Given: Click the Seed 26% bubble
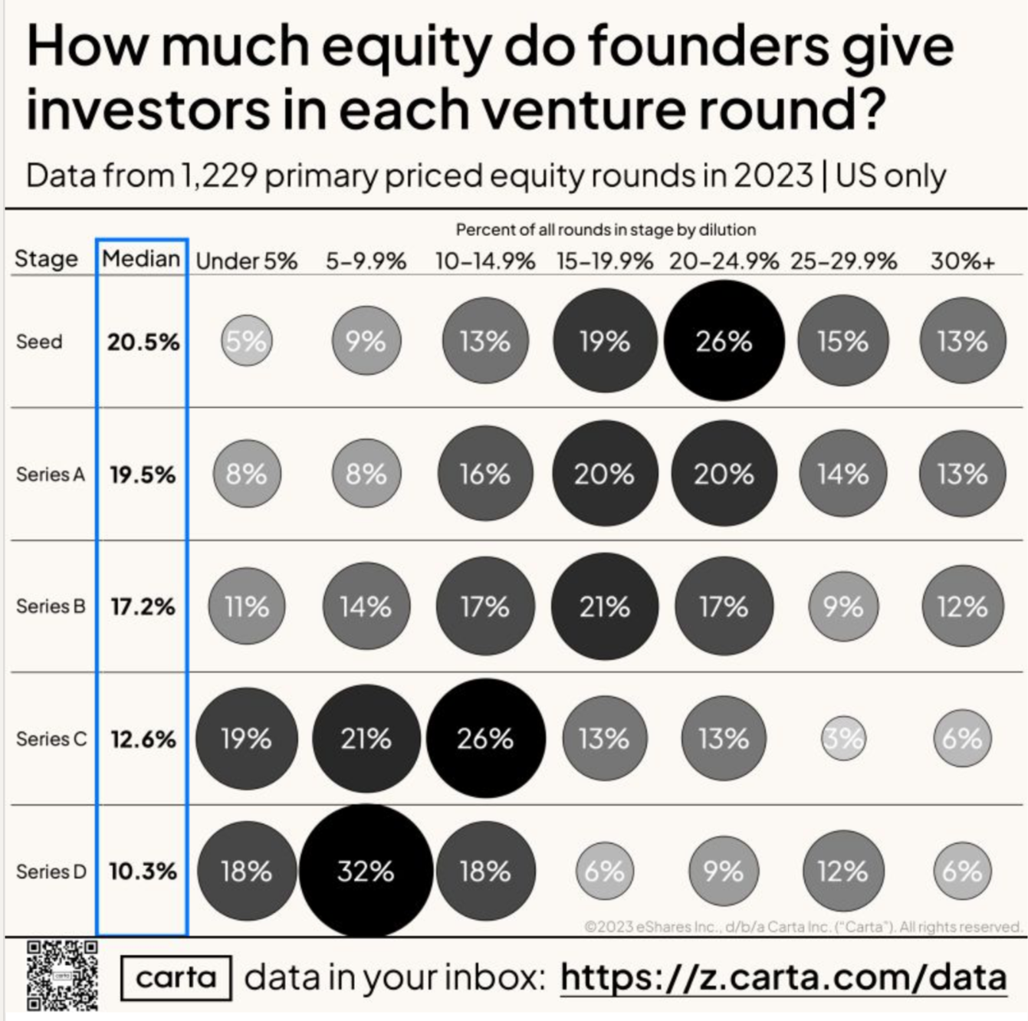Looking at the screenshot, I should coord(724,340).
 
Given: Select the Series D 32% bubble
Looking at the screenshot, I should coord(366,871).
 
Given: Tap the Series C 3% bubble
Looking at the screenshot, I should coord(843,739).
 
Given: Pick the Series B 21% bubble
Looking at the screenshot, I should coord(604,606).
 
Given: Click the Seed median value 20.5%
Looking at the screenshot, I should coord(143,342).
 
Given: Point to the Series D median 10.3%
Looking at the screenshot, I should coord(143,872).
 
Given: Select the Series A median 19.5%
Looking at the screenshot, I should coord(143,474).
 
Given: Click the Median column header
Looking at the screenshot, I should coord(142,258).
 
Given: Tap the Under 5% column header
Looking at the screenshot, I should coord(246,261).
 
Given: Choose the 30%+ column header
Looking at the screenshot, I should coord(963,261).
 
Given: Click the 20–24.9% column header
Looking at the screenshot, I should coord(724,261).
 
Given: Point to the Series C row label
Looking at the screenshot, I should coord(51,739).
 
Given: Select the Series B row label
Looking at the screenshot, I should coord(51,606).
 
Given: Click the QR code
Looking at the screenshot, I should coord(63,975).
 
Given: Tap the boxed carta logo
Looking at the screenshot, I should coord(176,977).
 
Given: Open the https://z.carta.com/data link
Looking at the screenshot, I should coord(783,977).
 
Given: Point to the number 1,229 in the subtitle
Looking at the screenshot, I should coord(218,176).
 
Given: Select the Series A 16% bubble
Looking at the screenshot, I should coord(484,474).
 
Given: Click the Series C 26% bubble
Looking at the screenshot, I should coord(485,739).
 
